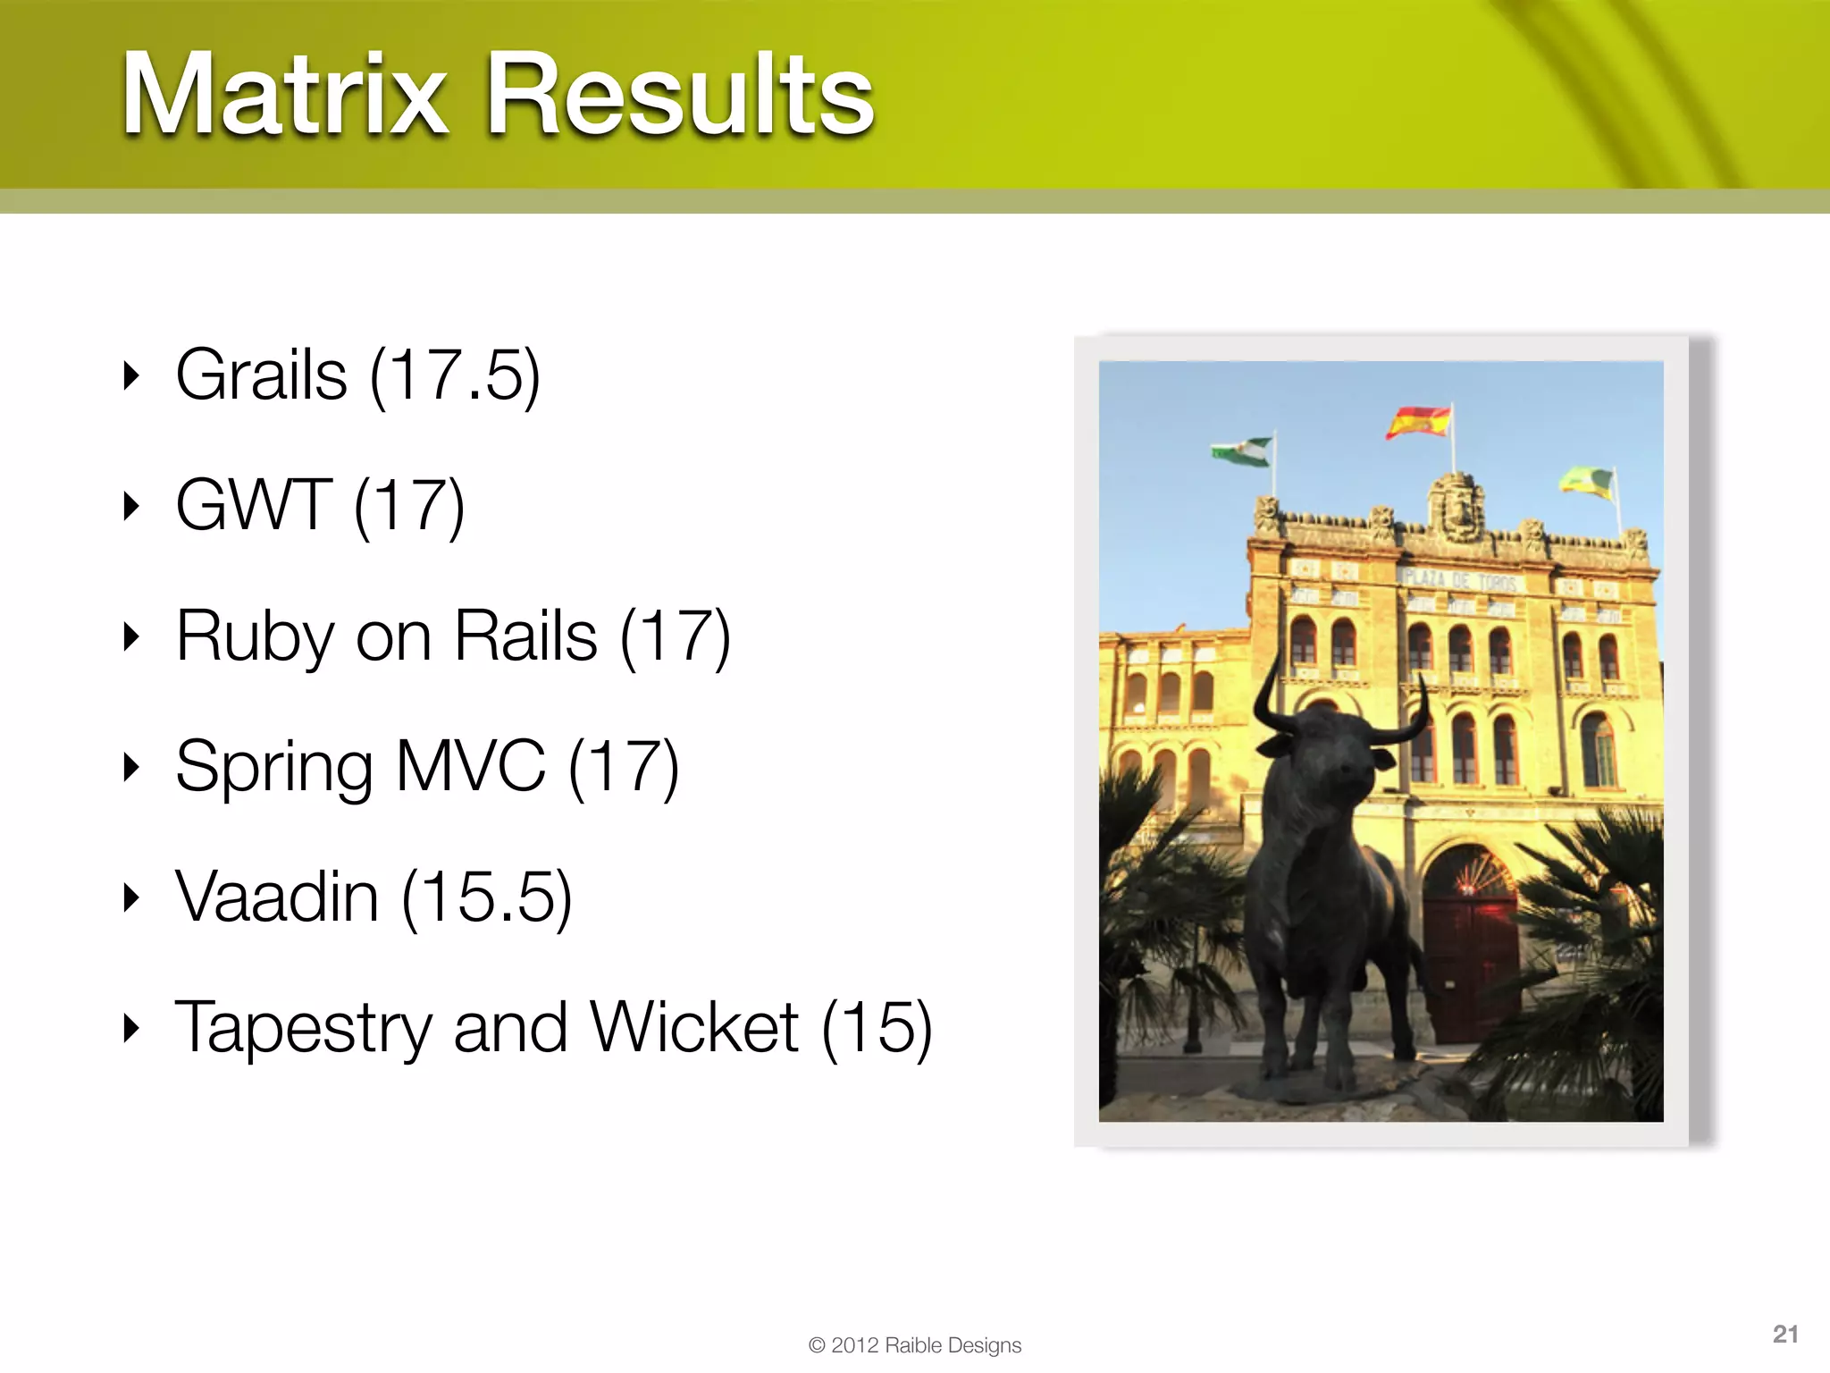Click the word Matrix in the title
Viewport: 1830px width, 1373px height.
click(284, 94)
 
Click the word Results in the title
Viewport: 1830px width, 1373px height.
click(679, 94)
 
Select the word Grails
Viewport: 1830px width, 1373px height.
click(261, 375)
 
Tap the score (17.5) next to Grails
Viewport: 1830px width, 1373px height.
click(455, 375)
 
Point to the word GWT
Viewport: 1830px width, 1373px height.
click(254, 506)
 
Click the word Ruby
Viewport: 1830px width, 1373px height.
click(255, 636)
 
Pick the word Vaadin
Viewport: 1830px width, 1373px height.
click(277, 897)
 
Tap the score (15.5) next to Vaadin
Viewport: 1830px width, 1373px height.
click(487, 897)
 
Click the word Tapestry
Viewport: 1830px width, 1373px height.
click(304, 1028)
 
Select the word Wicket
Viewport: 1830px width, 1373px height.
click(694, 1028)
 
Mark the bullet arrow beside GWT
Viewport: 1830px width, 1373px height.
click(131, 507)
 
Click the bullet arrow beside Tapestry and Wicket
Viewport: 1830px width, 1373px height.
click(131, 1029)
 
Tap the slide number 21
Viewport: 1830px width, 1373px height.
click(1784, 1335)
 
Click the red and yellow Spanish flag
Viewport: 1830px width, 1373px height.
click(1418, 422)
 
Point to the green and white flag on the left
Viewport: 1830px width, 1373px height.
click(1242, 451)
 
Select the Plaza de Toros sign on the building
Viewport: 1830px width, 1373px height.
click(1458, 579)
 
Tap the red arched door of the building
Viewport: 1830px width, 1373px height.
click(1470, 948)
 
